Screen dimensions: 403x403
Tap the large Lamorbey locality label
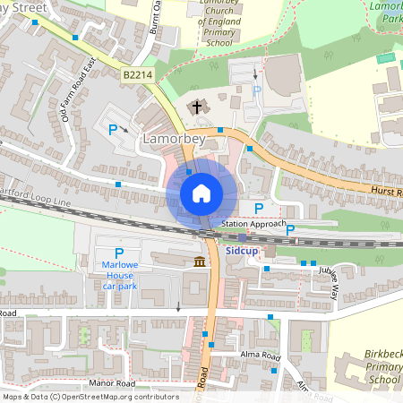coord(175,141)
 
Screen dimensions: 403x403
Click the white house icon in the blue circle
coord(201,193)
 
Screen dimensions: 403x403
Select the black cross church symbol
coord(195,107)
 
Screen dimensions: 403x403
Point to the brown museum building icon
coord(198,262)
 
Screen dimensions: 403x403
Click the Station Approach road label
coord(253,223)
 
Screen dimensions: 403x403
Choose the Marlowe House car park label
coord(118,276)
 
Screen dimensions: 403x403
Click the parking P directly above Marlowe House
coord(118,255)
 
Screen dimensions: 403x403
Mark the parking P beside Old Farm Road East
coord(113,130)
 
